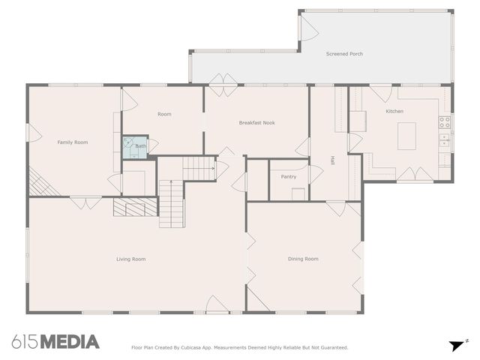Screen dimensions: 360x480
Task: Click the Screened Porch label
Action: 344,54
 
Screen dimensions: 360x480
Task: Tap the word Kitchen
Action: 394,112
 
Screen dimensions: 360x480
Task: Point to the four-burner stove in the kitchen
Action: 445,121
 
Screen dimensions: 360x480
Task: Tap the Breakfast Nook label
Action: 255,122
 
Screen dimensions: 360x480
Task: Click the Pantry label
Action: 288,177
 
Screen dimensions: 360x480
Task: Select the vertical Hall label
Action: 332,160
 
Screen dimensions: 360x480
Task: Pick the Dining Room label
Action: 303,259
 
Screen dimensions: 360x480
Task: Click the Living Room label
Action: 130,259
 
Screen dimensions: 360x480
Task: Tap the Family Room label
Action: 73,142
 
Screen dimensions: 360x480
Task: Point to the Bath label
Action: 141,146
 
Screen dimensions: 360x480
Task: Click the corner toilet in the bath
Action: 129,141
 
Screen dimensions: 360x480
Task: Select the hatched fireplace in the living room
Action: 134,207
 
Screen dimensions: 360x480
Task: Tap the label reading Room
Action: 164,114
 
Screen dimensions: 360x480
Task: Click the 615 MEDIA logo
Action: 55,342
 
